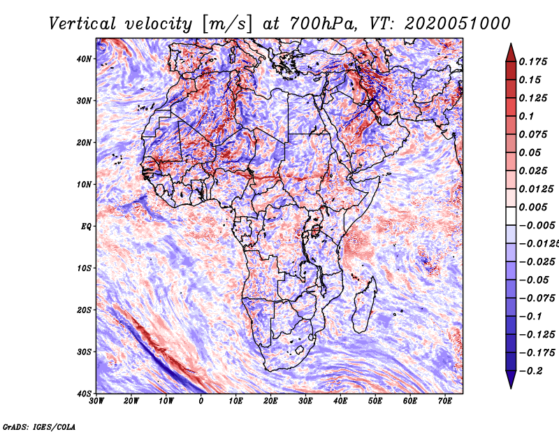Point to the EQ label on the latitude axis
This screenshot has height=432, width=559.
(85, 226)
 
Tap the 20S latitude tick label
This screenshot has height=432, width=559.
(84, 310)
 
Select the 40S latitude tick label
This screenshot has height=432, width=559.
(84, 394)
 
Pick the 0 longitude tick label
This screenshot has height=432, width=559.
(201, 401)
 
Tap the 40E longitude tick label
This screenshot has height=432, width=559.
(340, 401)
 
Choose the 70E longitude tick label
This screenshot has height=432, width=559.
(445, 401)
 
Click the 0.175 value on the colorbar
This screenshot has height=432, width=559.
(534, 62)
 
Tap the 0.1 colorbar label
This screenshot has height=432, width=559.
(527, 116)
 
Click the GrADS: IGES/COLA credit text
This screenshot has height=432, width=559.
(39, 426)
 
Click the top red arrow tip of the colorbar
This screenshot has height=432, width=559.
(511, 47)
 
